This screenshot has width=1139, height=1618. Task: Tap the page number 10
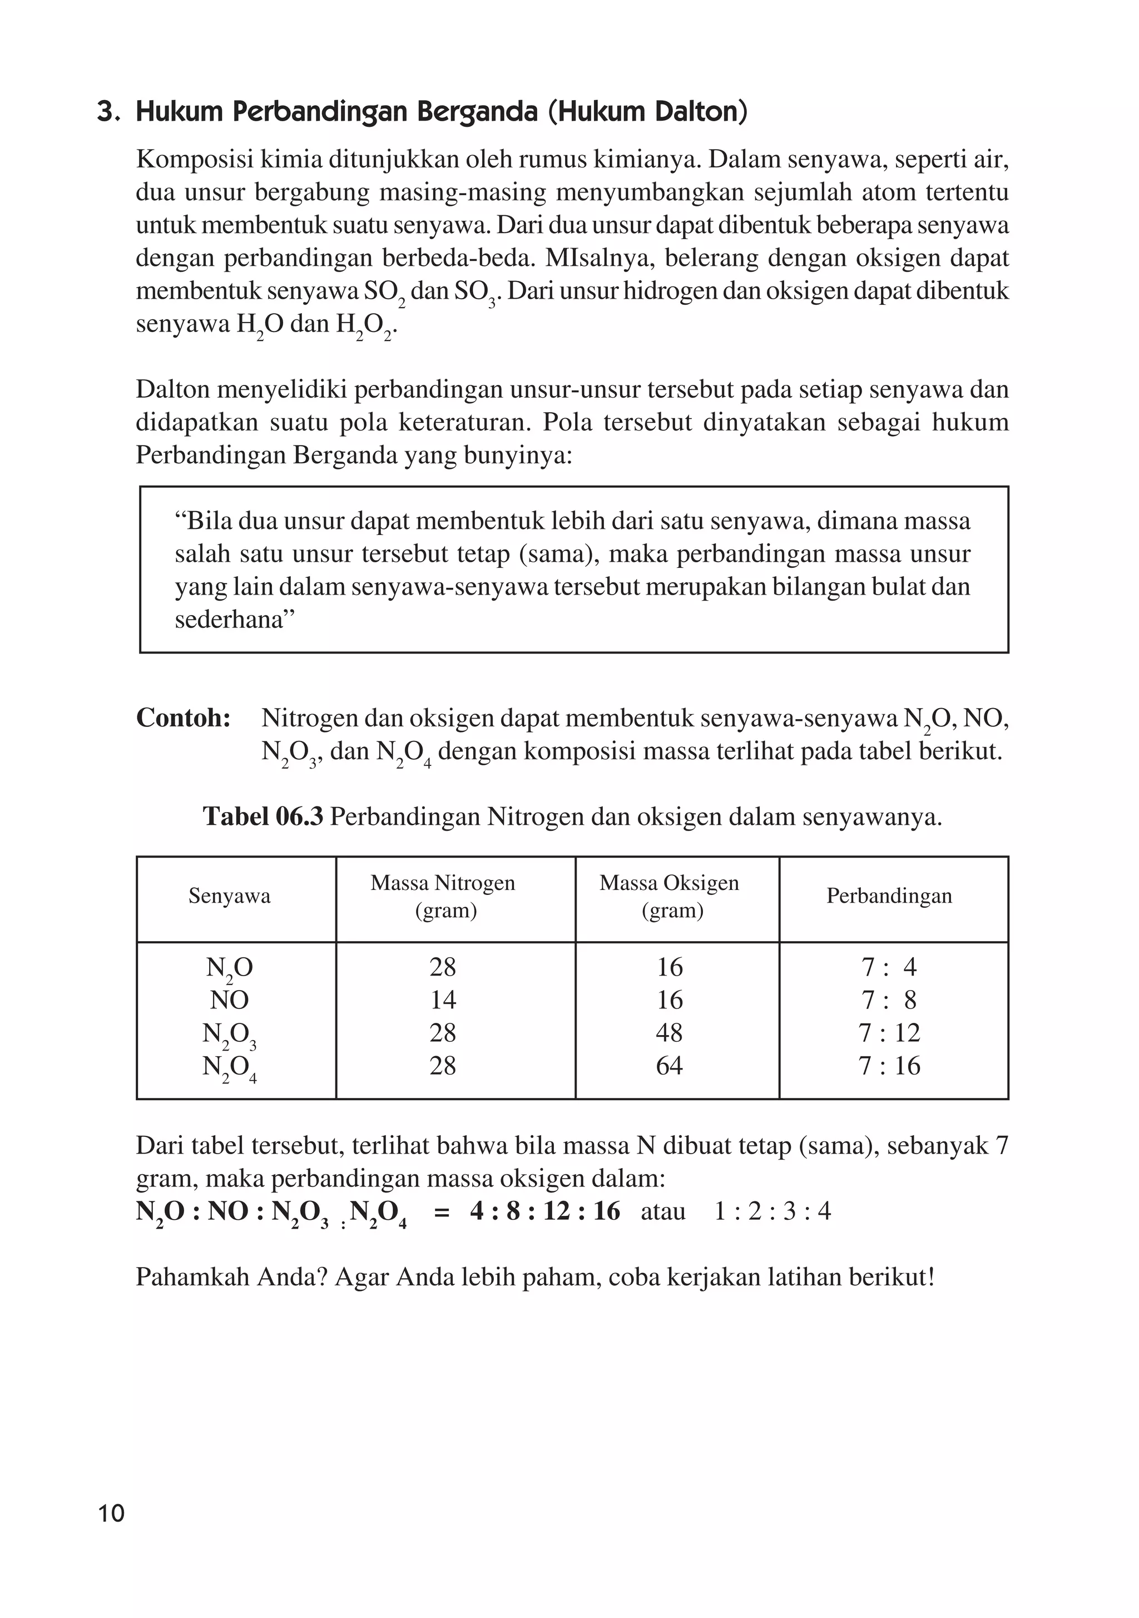[x=111, y=1513]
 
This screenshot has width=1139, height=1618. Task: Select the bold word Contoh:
[x=184, y=718]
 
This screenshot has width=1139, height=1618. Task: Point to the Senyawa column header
[x=229, y=897]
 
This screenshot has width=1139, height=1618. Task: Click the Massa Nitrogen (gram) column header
[x=443, y=897]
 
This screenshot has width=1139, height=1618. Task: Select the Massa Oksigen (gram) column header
[x=669, y=897]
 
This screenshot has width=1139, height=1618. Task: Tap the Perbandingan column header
[x=889, y=897]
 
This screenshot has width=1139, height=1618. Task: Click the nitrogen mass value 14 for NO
[x=443, y=1000]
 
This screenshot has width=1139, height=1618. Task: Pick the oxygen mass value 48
[x=669, y=1033]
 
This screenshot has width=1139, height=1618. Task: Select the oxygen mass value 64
[x=669, y=1066]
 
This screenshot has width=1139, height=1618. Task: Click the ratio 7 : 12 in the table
[x=889, y=1033]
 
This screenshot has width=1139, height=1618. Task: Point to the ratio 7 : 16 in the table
[x=889, y=1066]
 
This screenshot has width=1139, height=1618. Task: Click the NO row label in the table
[x=229, y=1000]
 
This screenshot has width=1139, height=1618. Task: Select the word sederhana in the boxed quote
[x=229, y=620]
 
